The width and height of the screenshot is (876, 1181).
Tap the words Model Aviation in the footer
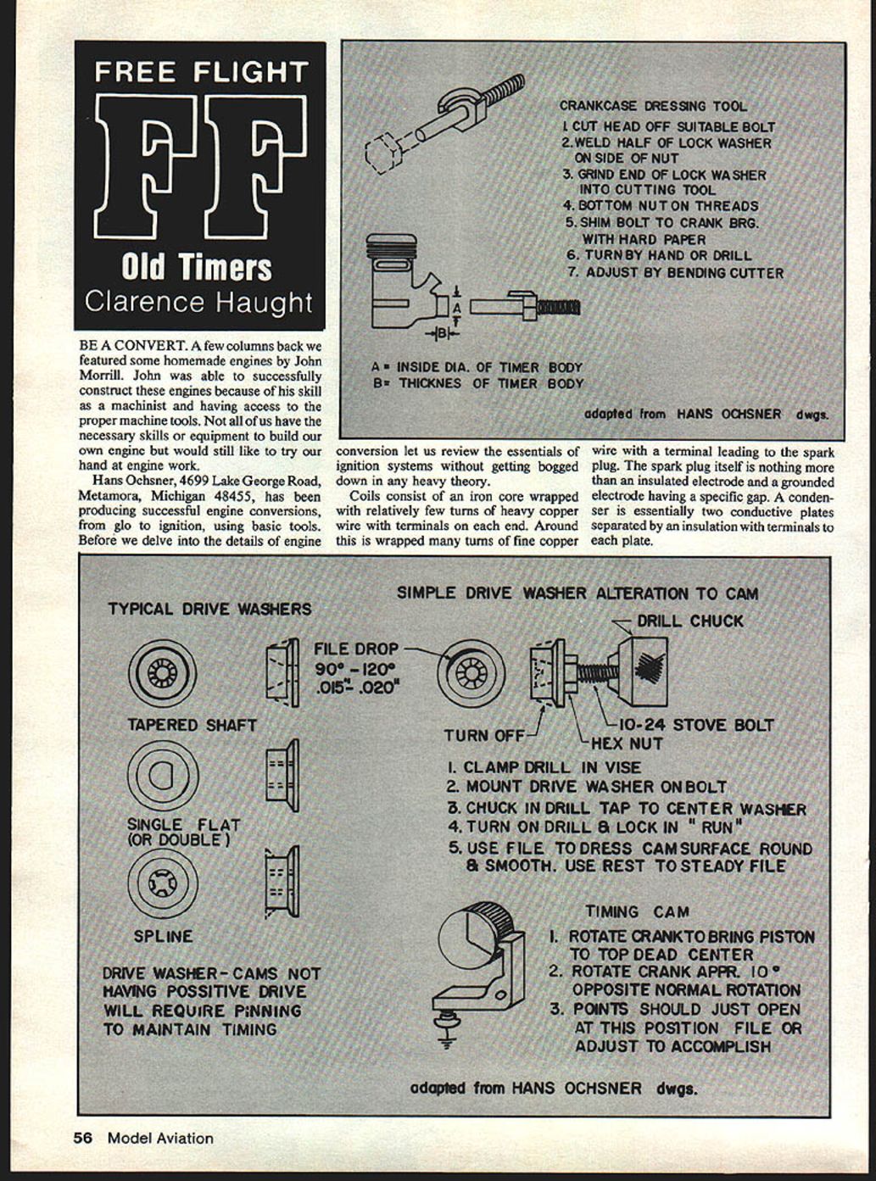point(160,1138)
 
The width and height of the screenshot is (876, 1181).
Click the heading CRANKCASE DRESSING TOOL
point(653,106)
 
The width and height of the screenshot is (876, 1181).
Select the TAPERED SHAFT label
point(192,725)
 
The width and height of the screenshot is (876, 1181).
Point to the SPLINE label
point(163,936)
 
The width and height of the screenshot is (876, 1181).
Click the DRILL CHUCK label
point(689,621)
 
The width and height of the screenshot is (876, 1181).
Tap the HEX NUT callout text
point(627,744)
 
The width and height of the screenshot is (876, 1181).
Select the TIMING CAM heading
point(637,911)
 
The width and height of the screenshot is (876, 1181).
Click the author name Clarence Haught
point(198,303)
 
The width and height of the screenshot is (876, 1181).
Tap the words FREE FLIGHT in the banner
point(200,72)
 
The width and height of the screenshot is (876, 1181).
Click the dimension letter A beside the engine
point(456,306)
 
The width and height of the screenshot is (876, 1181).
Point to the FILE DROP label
point(355,649)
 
